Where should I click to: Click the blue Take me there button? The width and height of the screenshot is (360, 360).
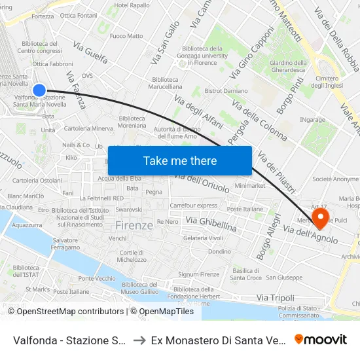[x=180, y=160]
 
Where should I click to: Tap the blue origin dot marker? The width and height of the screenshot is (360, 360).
[x=39, y=90]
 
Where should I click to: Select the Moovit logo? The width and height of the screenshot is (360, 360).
[x=321, y=340]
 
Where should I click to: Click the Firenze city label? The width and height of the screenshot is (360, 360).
[x=134, y=225]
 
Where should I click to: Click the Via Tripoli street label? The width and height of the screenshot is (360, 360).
[x=276, y=298]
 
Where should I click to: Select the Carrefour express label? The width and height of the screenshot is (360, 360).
[x=193, y=205]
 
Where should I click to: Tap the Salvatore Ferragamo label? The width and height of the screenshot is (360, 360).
[x=66, y=244]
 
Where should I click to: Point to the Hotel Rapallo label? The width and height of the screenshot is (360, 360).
[x=131, y=5]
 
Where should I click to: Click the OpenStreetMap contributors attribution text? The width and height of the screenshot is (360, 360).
[x=70, y=312]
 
